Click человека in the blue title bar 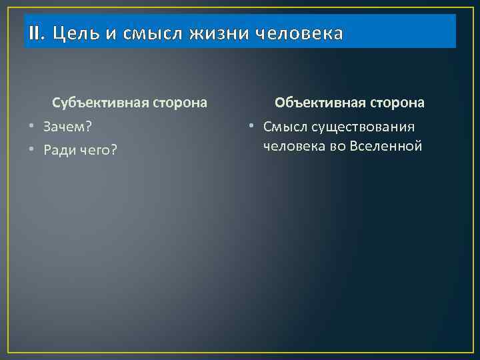(305, 33)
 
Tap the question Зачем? (67, 127)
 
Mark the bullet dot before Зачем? (31, 127)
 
